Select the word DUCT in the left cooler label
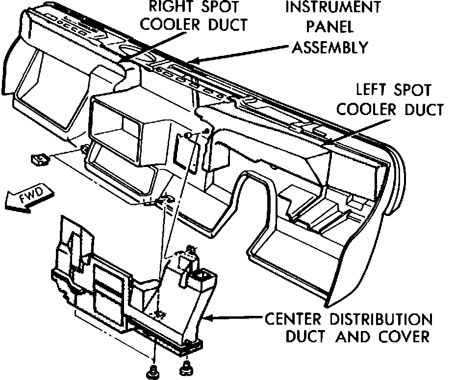(x=421, y=109)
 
